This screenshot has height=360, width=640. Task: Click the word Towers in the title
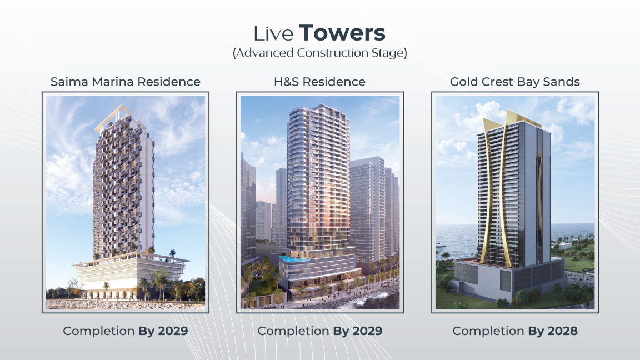[x=342, y=33]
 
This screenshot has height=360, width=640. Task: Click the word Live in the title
[x=273, y=34]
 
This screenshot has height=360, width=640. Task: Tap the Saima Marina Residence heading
[x=126, y=82]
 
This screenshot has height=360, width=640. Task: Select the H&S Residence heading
[x=319, y=82]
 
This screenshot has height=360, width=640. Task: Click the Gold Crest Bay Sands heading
[x=514, y=82]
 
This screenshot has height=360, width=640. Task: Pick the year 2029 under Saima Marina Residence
[x=173, y=331]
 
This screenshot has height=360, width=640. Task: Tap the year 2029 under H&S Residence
[x=367, y=331]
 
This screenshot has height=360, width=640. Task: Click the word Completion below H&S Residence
[x=293, y=331]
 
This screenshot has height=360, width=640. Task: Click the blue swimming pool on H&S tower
[x=294, y=259]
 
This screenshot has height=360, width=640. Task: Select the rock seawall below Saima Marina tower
[x=125, y=304]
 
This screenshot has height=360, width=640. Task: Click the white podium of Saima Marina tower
[x=131, y=273]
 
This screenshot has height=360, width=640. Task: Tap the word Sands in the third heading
[x=561, y=82]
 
